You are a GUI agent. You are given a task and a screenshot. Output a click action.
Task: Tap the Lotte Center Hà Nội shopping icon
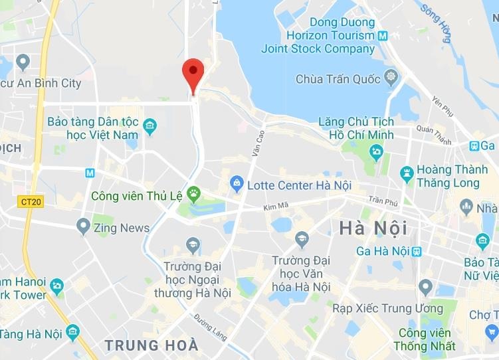(236, 181)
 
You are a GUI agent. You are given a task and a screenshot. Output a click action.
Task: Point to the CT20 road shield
(31, 201)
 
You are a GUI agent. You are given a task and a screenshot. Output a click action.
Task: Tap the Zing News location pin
(83, 226)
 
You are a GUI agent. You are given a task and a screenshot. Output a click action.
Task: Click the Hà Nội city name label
(373, 228)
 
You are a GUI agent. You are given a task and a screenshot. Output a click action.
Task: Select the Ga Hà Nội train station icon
(417, 251)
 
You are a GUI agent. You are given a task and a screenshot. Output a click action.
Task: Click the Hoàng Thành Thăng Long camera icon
(407, 175)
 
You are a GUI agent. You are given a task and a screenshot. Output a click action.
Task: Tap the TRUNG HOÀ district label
(151, 345)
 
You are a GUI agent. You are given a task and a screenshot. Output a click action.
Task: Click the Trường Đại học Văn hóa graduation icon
(302, 240)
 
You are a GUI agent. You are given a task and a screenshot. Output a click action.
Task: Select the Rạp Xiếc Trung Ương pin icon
(426, 288)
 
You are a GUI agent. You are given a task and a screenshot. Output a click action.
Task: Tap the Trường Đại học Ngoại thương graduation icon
(193, 245)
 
